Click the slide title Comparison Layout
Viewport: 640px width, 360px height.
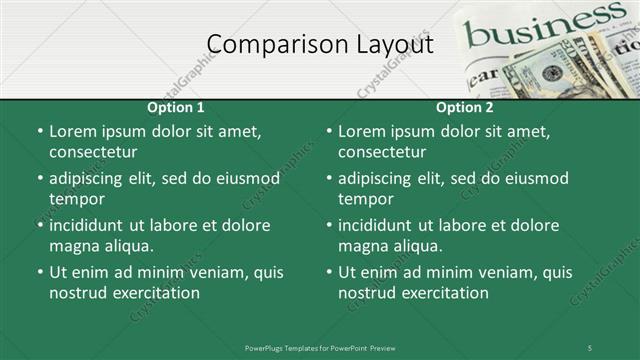pyautogui.click(x=320, y=45)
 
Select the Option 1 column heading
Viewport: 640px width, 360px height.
pyautogui.click(x=176, y=107)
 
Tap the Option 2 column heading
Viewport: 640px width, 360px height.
pyautogui.click(x=465, y=107)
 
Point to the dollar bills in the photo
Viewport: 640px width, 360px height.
pyautogui.click(x=560, y=70)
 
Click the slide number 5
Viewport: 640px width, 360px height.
pyautogui.click(x=590, y=347)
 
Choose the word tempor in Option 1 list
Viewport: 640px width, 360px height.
pyautogui.click(x=74, y=199)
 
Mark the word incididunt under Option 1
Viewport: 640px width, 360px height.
pyautogui.click(x=92, y=225)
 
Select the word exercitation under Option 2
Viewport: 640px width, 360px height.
pyautogui.click(x=441, y=293)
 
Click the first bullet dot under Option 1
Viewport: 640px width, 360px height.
pyautogui.click(x=39, y=132)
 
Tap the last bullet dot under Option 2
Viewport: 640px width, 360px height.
pyautogui.click(x=328, y=273)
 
